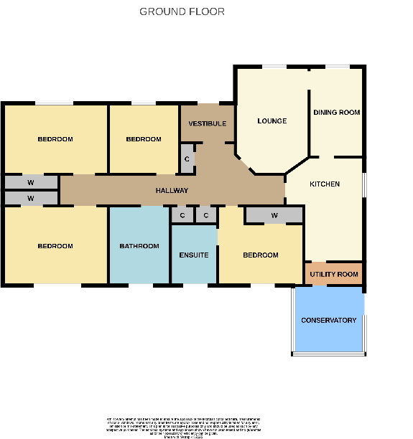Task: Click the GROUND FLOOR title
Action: tap(182, 11)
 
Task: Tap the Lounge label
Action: tap(272, 121)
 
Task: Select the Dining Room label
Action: tap(336, 113)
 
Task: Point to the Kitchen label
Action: tap(325, 184)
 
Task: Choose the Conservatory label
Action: tap(328, 320)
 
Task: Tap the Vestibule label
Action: tap(208, 124)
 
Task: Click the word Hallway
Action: tap(172, 191)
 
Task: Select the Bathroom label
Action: tap(139, 246)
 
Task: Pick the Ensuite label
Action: tap(194, 255)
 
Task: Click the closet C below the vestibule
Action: tap(187, 159)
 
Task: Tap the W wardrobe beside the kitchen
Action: tap(274, 215)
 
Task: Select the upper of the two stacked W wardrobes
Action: tap(31, 182)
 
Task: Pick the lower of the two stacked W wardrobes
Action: tap(31, 198)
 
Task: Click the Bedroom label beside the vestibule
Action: tap(144, 139)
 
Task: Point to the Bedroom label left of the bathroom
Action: tap(55, 246)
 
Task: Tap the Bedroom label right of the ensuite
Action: tap(260, 255)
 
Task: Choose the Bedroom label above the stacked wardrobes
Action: tap(55, 139)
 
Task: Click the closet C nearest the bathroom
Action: tap(182, 215)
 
